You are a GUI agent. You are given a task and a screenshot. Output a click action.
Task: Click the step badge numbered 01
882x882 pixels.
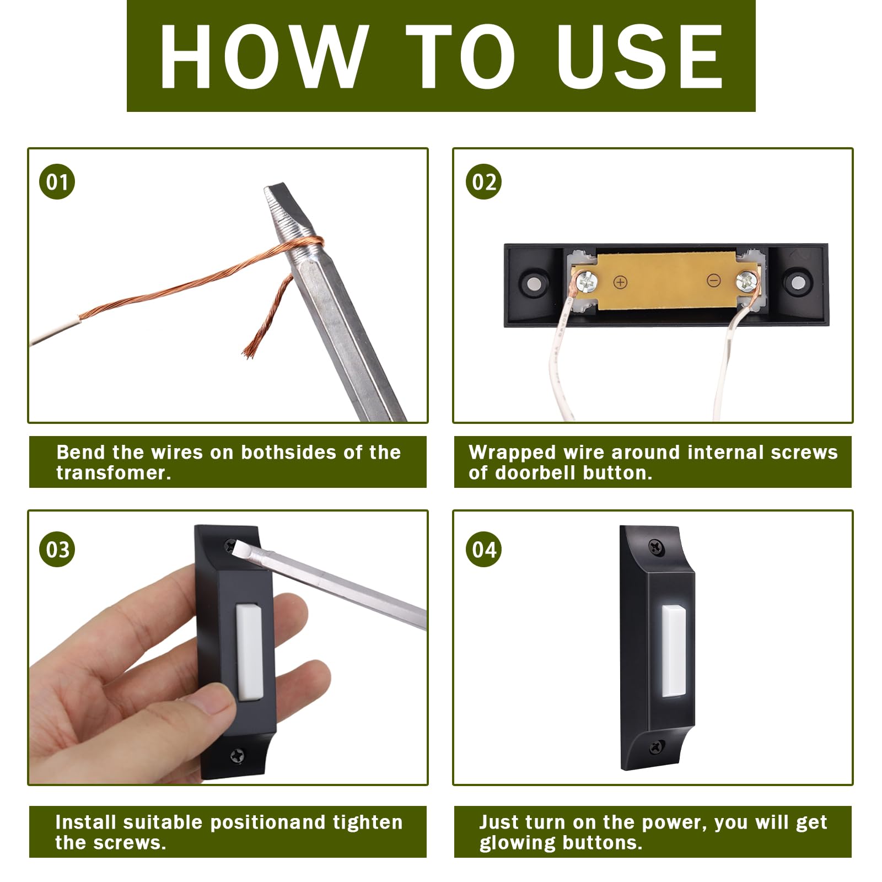[57, 181]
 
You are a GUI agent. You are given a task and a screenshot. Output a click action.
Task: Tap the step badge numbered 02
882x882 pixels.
[483, 181]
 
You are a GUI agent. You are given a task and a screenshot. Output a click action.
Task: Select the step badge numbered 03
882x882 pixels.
[57, 549]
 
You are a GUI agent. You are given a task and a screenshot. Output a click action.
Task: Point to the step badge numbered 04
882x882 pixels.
[483, 549]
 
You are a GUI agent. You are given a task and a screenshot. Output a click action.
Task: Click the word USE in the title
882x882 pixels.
[639, 56]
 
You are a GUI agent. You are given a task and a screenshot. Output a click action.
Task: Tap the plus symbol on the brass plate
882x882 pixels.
[620, 282]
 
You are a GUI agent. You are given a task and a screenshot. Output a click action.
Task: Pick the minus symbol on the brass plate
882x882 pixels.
[713, 281]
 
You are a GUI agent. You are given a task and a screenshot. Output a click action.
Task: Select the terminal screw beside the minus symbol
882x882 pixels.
[746, 282]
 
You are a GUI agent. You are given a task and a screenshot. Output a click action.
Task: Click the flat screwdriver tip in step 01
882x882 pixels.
[281, 204]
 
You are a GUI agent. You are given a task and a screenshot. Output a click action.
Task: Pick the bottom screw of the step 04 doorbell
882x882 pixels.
[656, 747]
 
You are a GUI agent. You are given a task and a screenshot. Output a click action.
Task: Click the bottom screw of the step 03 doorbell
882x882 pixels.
[238, 755]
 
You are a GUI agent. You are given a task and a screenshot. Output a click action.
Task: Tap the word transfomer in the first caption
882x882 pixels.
[114, 473]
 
